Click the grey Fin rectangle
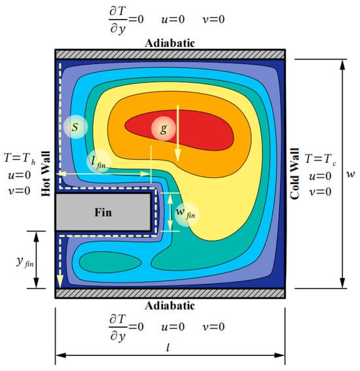pyautogui.click(x=103, y=212)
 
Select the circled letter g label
pyautogui.click(x=164, y=129)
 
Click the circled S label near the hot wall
pyautogui.click(x=75, y=127)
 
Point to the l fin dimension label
pyautogui.click(x=98, y=162)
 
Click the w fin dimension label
pyautogui.click(x=187, y=214)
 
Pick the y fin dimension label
pyautogui.click(x=25, y=262)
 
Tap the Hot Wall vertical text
pyautogui.click(x=46, y=173)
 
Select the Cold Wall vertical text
pyautogui.click(x=295, y=174)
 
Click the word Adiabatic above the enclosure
pyautogui.click(x=170, y=43)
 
